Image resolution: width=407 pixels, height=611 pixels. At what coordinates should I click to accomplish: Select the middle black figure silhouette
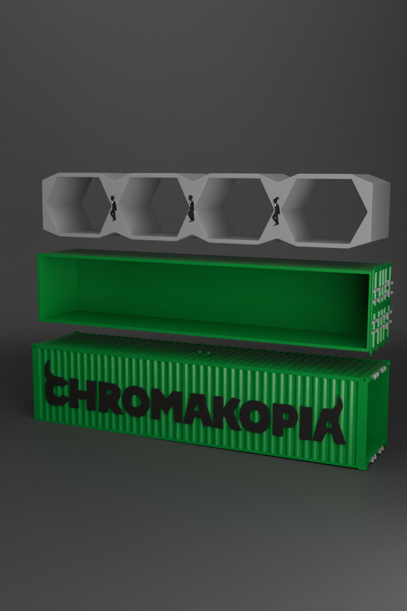[191, 209]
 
